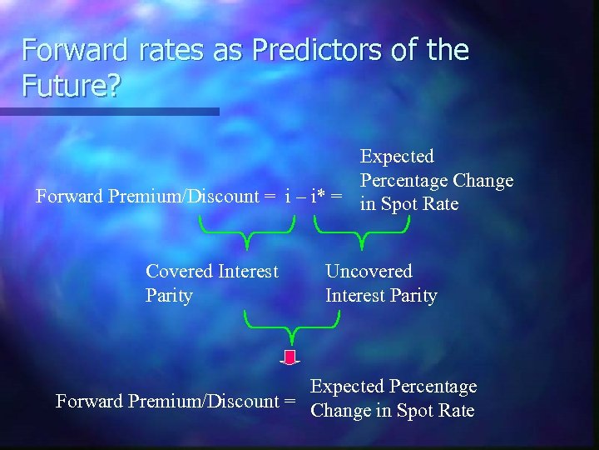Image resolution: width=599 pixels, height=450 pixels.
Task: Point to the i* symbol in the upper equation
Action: [x=317, y=197]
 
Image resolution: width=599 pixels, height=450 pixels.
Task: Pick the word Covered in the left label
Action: [x=178, y=271]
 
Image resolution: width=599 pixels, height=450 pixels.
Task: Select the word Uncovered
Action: [x=369, y=271]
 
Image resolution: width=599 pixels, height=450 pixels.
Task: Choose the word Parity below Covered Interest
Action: [x=169, y=296]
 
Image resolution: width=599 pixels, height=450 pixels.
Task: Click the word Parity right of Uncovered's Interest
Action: [x=410, y=296]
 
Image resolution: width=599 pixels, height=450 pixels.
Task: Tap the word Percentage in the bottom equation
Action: [x=430, y=387]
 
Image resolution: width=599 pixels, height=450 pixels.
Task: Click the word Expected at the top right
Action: [x=397, y=157]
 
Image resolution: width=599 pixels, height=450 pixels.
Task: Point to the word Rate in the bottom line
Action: [x=456, y=411]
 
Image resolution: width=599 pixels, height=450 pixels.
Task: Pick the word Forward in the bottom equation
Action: [x=89, y=402]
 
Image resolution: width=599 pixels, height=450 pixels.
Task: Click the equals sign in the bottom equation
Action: [x=290, y=402]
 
